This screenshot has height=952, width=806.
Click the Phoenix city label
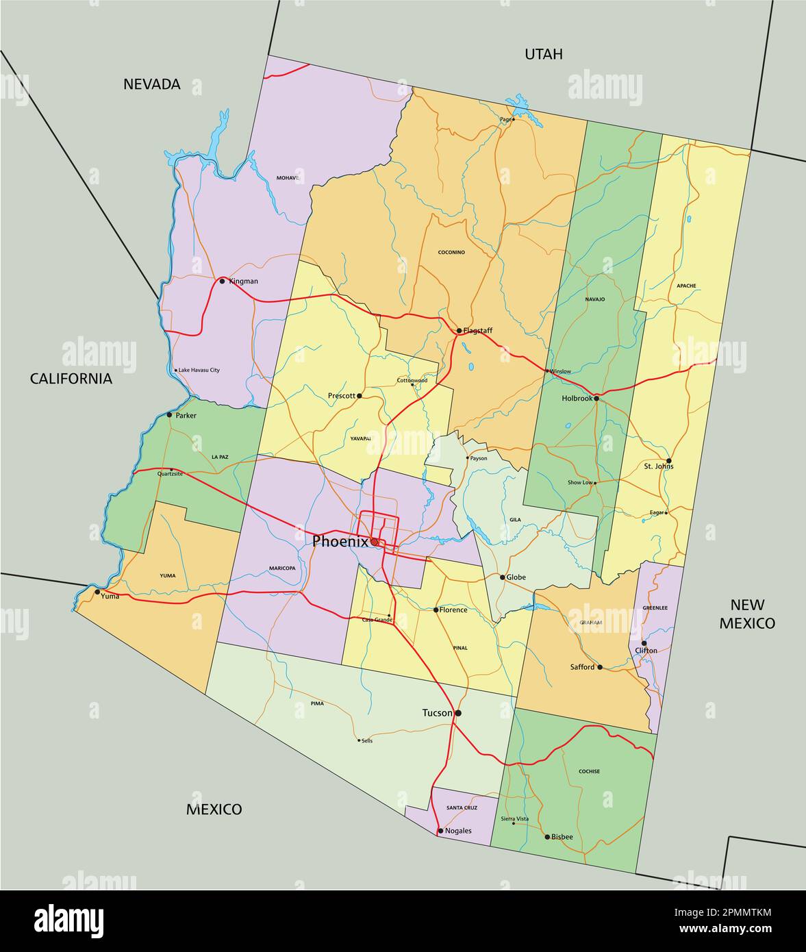340,542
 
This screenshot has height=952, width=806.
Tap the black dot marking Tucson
458,713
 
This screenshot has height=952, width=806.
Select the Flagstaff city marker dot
459,331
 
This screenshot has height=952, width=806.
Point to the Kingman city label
244,281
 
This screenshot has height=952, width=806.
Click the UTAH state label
543,54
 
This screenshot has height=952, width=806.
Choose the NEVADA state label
152,84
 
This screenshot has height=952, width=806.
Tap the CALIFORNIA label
71,379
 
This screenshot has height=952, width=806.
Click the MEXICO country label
214,810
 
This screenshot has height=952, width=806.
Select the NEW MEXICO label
747,614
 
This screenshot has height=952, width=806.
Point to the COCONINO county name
451,253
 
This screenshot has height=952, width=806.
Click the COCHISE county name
589,771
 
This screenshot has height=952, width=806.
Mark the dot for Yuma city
97,592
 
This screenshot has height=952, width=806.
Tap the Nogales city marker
440,831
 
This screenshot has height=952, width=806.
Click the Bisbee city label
562,837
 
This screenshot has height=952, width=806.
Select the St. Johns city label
658,466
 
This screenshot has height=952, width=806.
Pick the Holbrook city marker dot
596,398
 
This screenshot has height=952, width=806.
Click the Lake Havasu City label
199,371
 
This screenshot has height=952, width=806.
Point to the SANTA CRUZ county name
462,808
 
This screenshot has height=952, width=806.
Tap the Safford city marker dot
600,667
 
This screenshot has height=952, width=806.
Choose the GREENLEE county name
655,607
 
